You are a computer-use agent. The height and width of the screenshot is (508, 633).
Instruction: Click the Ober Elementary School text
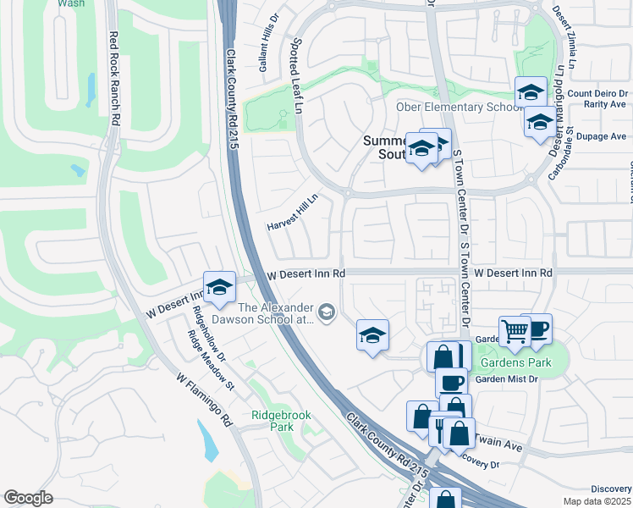(457, 107)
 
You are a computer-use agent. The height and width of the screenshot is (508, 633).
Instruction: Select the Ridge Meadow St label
(211, 359)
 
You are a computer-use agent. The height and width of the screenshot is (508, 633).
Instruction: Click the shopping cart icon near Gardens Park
(514, 330)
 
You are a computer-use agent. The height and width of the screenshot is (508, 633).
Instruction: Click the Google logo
(28, 498)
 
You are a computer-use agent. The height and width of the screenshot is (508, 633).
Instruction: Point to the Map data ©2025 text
(597, 501)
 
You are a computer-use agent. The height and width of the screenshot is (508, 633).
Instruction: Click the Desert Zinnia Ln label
(564, 28)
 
